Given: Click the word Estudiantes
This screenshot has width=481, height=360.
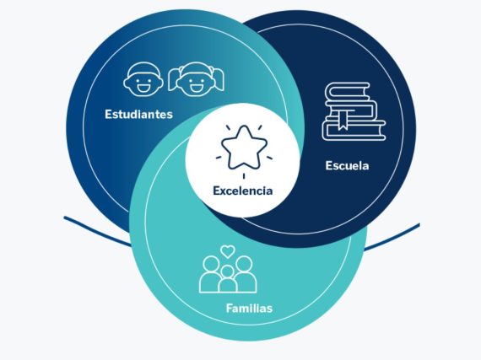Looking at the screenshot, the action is point(138,115).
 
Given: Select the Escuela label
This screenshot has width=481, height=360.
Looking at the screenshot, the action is point(347,166).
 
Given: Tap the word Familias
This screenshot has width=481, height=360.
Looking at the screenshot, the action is point(249,308).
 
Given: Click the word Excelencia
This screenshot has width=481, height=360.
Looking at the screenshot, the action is point(243,191).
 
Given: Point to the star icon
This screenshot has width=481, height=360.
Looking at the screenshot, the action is point(244,148).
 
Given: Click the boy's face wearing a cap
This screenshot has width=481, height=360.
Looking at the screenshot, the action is point(143,79).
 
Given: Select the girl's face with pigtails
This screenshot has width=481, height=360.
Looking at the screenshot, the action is point(196,79).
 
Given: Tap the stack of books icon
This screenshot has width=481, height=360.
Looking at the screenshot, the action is point(354,111).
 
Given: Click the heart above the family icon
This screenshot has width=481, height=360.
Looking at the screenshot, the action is point(228,251).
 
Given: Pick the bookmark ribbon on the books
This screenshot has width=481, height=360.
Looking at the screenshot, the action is point(343,120).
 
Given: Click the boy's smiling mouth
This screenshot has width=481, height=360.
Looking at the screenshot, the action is point(143,89).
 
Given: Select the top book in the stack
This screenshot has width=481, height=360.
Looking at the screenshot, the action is point(348,91).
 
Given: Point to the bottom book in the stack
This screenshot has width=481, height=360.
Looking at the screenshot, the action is point(354,130).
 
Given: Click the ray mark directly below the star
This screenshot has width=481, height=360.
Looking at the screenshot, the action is point(244,176).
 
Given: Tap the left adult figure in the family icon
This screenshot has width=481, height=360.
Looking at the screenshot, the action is point(210,275).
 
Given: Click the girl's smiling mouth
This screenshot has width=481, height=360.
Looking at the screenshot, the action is point(197,89).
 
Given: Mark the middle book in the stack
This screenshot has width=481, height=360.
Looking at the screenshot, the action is point(352,110).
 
